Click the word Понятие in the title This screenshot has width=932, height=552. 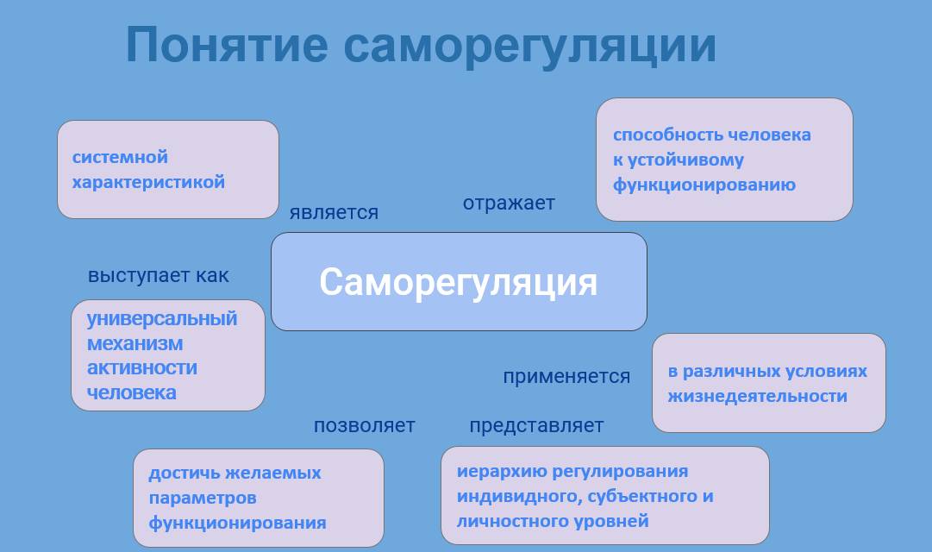(x=227, y=44)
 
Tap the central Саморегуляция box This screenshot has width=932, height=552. (x=459, y=281)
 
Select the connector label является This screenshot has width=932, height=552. (x=334, y=212)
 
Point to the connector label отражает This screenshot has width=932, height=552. (x=509, y=203)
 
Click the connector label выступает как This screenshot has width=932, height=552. (x=158, y=275)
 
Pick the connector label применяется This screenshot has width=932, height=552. (x=566, y=377)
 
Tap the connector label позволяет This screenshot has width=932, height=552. (x=365, y=426)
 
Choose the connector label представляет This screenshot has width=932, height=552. (x=536, y=426)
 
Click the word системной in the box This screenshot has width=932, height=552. (x=120, y=157)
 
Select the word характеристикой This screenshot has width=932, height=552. (x=148, y=182)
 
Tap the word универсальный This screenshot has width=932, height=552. (x=162, y=319)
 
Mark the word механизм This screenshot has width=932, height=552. (x=134, y=344)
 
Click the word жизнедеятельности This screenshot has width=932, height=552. (x=757, y=396)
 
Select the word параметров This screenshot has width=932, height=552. (x=203, y=498)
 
